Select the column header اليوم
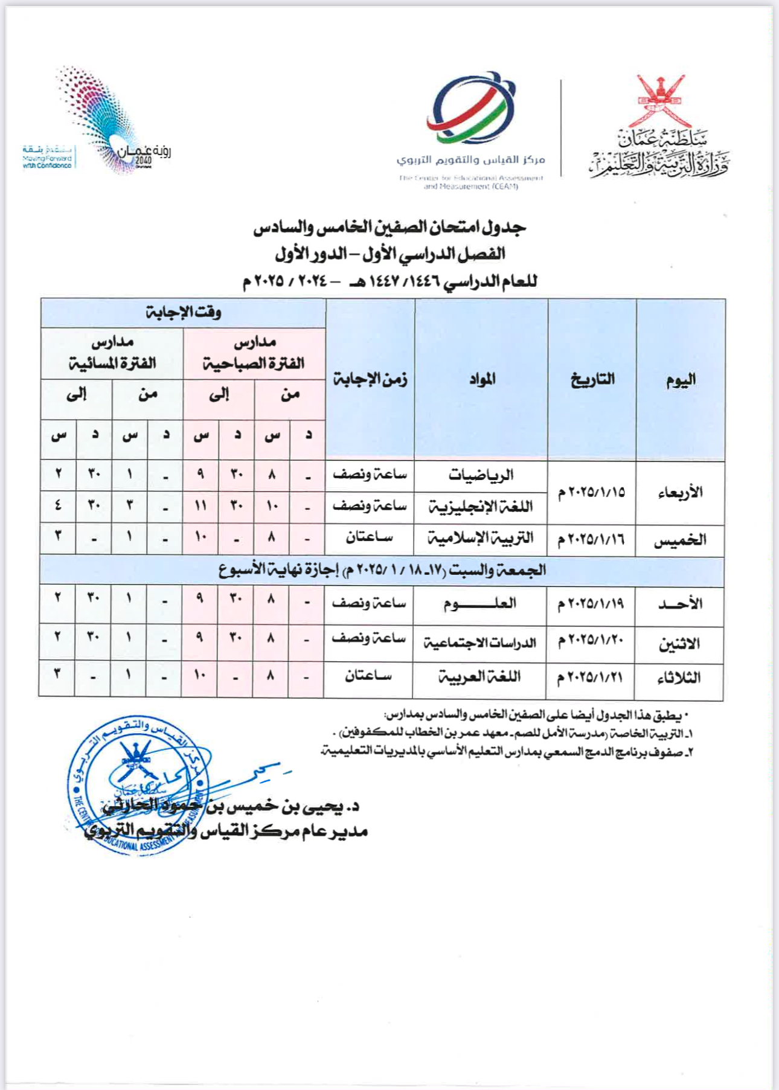[681, 380]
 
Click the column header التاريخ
[592, 380]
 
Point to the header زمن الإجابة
[370, 380]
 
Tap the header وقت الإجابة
[183, 313]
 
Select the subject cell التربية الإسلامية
[481, 538]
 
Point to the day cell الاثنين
[679, 644]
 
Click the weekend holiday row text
[382, 571]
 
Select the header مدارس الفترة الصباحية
[254, 354]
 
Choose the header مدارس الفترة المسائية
[112, 354]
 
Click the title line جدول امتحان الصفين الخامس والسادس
[389, 227]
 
